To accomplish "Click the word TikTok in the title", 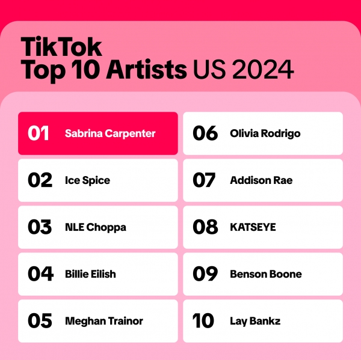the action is click(61, 47).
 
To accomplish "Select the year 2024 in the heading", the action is click(263, 70).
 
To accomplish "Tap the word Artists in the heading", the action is click(146, 70).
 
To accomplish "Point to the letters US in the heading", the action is click(209, 70).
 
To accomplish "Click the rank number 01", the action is click(39, 133).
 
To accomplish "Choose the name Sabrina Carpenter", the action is click(110, 133).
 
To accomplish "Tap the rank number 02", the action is click(40, 180).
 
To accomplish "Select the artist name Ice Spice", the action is click(87, 180).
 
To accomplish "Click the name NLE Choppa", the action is click(96, 228).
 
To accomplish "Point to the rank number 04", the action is click(40, 274).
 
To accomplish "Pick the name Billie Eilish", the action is click(90, 274).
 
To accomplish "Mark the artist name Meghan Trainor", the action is click(104, 322).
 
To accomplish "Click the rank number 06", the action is click(205, 133).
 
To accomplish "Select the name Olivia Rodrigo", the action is click(265, 133).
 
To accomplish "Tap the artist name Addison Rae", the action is click(261, 180).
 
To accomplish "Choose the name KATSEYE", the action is click(253, 227).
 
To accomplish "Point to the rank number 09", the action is click(205, 274).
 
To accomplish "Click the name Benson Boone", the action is click(266, 274).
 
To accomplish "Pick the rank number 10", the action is click(203, 321).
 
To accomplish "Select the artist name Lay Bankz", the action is click(255, 322).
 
